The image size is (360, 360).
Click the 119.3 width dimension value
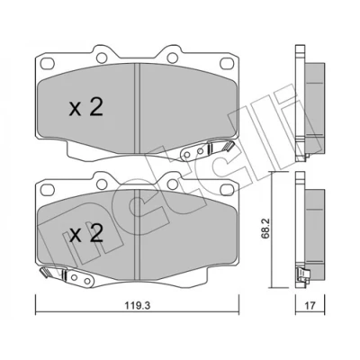click(138, 306)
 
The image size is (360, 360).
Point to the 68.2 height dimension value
click(265, 229)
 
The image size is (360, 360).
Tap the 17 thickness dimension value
click(310, 306)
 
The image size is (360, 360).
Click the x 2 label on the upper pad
click(86, 108)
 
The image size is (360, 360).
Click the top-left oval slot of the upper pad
click(48, 63)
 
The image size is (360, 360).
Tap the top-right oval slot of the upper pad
click(227, 63)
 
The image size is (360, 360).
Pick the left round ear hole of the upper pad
click(102, 57)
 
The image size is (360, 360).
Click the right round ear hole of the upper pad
click(172, 57)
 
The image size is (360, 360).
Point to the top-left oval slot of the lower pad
click(48, 190)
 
